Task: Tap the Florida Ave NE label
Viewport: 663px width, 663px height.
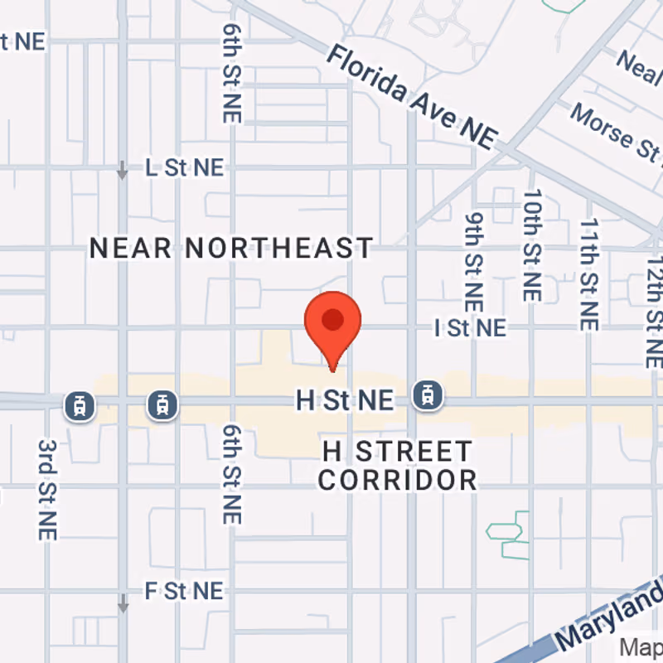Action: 411,99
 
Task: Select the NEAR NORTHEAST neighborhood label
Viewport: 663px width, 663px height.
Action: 231,248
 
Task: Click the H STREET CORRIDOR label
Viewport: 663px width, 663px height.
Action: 398,466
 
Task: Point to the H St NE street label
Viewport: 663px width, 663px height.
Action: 345,401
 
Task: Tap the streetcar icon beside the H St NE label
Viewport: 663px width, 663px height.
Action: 428,394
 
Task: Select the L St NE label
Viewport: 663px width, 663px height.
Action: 184,167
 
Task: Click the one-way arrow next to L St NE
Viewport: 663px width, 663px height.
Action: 123,170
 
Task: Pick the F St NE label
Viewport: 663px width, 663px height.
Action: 184,591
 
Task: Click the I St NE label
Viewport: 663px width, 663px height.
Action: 470,328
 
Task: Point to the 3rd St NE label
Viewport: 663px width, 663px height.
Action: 46,489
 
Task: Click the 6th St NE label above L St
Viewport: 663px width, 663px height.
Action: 231,72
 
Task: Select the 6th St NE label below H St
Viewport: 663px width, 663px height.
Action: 231,473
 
